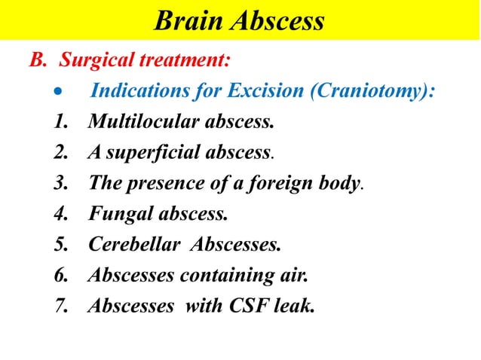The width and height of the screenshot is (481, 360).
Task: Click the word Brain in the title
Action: [x=185, y=20]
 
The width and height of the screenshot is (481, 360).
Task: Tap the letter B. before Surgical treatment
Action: [x=38, y=59]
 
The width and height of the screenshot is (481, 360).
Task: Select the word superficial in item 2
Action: [x=159, y=153]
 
